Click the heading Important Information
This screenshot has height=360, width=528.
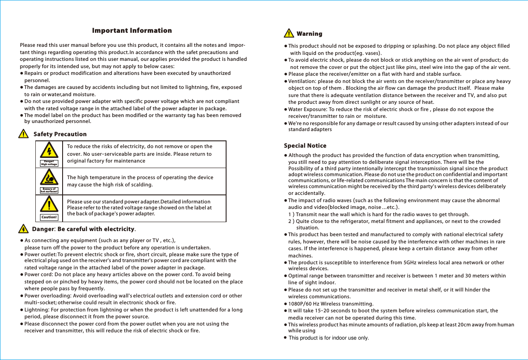pyautogui.click(x=132, y=31)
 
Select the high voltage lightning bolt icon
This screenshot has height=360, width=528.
pyautogui.click(x=49, y=152)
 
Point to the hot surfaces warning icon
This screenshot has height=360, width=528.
pyautogui.click(x=49, y=178)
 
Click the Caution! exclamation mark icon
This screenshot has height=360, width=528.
pyautogui.click(x=49, y=206)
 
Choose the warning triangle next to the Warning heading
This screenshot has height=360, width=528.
pyautogui.click(x=289, y=34)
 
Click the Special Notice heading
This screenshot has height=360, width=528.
pyautogui.click(x=305, y=146)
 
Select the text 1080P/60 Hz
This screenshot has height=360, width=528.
pyautogui.click(x=304, y=304)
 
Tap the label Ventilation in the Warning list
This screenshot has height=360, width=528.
pyautogui.click(x=302, y=81)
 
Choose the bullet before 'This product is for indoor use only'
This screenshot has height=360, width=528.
pyautogui.click(x=286, y=338)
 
